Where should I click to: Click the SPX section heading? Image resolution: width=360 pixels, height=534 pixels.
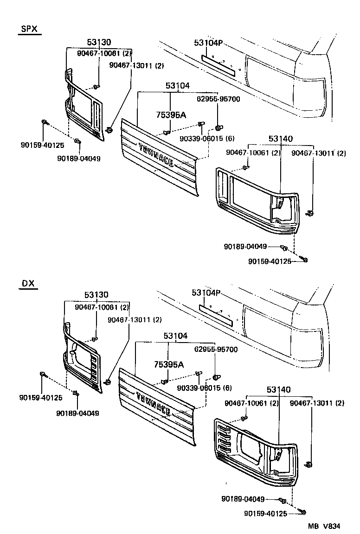pyautogui.click(x=29, y=29)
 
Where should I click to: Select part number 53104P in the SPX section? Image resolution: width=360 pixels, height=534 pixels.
pyautogui.click(x=208, y=44)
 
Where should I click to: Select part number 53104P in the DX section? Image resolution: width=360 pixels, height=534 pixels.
pyautogui.click(x=206, y=293)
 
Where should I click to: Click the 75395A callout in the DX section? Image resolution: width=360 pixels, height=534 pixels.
pyautogui.click(x=168, y=365)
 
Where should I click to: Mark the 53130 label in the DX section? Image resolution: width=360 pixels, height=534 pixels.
pyautogui.click(x=96, y=295)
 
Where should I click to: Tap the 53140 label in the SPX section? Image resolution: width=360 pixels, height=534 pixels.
pyautogui.click(x=281, y=139)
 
